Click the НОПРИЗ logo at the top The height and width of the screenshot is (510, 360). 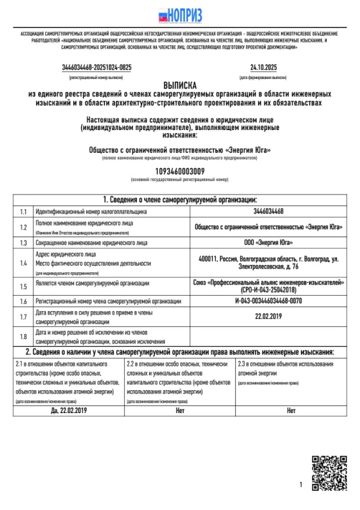coord(180,13)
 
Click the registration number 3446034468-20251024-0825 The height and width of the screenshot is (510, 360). coord(97,67)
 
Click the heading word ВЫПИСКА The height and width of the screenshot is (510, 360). coord(180,84)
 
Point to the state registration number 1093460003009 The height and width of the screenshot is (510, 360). coord(180,171)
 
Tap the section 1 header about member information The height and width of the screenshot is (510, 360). coord(180,200)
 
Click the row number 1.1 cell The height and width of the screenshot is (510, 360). coord(23,211)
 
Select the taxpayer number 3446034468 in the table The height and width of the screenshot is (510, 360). coord(268,211)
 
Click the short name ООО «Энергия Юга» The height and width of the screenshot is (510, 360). coord(268,243)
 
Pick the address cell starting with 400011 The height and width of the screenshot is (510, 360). coord(268,262)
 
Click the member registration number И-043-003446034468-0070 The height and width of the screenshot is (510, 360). coord(268,300)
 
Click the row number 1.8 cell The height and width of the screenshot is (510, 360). coord(23,336)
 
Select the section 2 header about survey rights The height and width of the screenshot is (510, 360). coord(180,352)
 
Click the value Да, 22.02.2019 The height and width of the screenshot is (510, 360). coord(68,411)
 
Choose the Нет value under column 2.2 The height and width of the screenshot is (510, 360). coord(180,411)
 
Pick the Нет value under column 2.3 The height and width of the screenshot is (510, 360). coord(291,411)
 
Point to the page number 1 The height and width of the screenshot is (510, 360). coord(300,486)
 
